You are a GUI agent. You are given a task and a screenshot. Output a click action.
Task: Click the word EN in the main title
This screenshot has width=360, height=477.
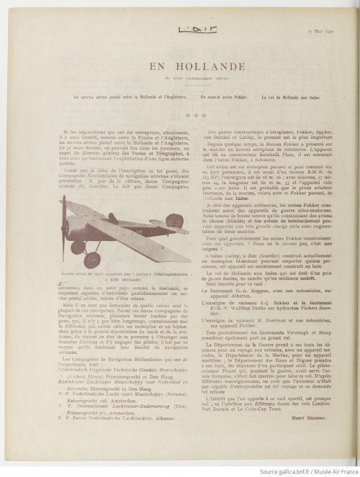[x=156, y=66]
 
